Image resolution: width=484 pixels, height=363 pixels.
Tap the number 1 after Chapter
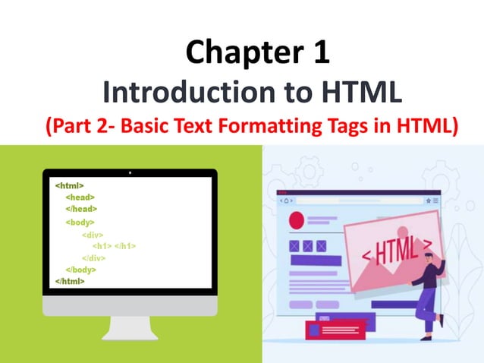pyautogui.click(x=319, y=53)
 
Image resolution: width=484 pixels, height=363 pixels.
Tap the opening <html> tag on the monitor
pyautogui.click(x=69, y=185)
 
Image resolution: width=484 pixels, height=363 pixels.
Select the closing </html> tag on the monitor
pyautogui.click(x=70, y=281)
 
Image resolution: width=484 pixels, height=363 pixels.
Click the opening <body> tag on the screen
pyautogui.click(x=80, y=222)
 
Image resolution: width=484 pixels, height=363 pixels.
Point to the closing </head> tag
pyautogui.click(x=81, y=209)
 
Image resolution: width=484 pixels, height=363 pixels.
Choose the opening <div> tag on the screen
pyautogui.click(x=93, y=235)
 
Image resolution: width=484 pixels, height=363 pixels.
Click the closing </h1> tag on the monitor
pyautogui.click(x=125, y=246)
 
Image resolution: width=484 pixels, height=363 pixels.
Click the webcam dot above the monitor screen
pyautogui.click(x=130, y=173)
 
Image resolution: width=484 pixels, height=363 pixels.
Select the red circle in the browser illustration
pyautogui.click(x=297, y=221)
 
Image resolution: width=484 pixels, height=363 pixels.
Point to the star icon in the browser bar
pyautogui.click(x=428, y=200)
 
